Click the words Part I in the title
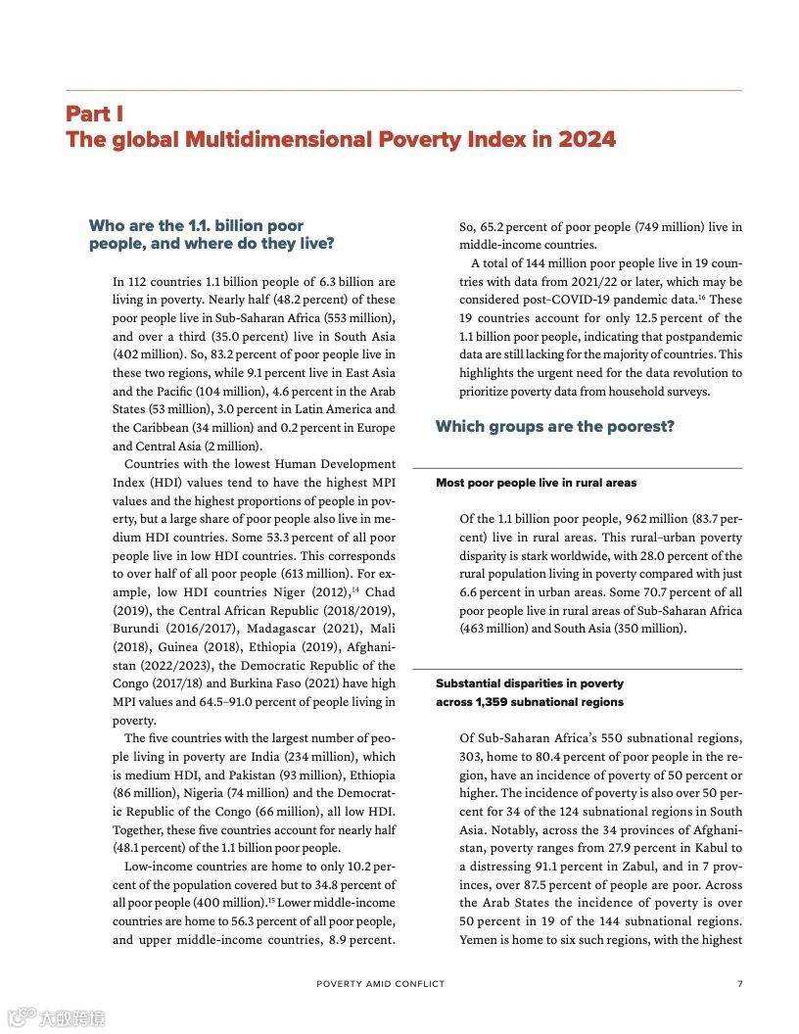94,114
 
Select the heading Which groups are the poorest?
555,427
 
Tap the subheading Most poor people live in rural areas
537,483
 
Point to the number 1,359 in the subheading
495,702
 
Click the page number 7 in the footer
739,984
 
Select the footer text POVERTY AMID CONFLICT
380,984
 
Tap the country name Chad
377,592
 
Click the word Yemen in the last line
480,940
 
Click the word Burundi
138,629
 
